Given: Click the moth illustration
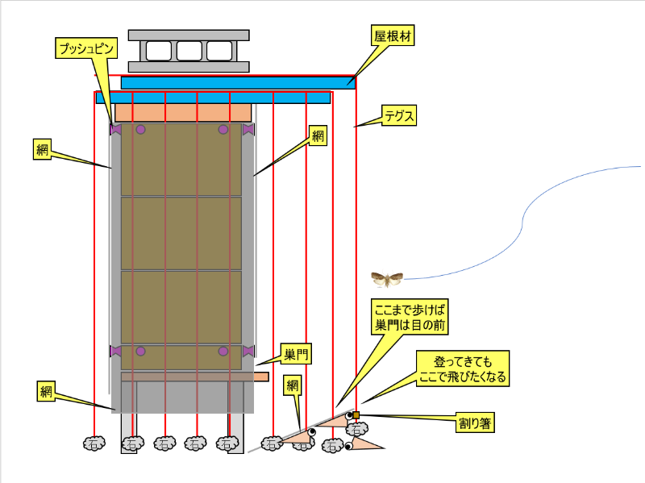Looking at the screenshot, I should click(387, 279).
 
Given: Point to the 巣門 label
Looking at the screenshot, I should click(296, 354).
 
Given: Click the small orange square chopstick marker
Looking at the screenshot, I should click(356, 415).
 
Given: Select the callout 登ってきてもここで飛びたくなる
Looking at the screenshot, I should click(463, 368).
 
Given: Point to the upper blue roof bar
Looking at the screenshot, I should click(238, 82).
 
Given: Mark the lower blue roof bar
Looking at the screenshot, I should click(213, 98).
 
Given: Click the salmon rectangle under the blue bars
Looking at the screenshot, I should click(185, 112).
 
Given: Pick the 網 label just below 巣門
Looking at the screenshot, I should click(292, 385).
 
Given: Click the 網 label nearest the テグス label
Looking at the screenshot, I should click(318, 136).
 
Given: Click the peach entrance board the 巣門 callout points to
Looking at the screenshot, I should click(260, 377).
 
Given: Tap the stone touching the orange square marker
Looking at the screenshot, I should click(356, 429).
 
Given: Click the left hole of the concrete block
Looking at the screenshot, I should click(158, 51).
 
